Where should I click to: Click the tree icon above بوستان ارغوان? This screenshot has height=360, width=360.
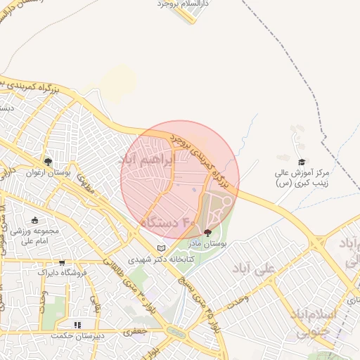coord(48,162)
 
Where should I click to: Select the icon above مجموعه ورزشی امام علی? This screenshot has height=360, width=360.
coord(35,221)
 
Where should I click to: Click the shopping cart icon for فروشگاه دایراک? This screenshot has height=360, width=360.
coord(62,263)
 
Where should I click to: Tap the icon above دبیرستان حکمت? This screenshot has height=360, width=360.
coord(78,325)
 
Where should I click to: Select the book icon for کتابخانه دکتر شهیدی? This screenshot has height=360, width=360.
coord(162,248)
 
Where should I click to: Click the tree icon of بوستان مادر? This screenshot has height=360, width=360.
coord(207,232)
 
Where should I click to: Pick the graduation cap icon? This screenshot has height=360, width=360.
coord(302,162)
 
